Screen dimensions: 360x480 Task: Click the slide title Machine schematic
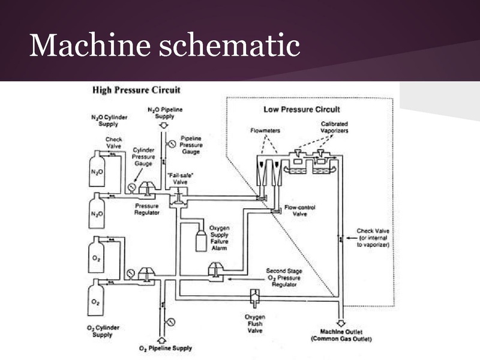164,44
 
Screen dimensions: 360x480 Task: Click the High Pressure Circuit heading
136,90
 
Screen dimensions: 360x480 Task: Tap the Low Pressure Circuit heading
302,109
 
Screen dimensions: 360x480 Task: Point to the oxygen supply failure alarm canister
200,239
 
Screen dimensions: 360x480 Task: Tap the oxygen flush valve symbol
254,296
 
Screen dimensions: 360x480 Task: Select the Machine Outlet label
341,335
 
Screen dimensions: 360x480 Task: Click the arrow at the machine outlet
341,322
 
